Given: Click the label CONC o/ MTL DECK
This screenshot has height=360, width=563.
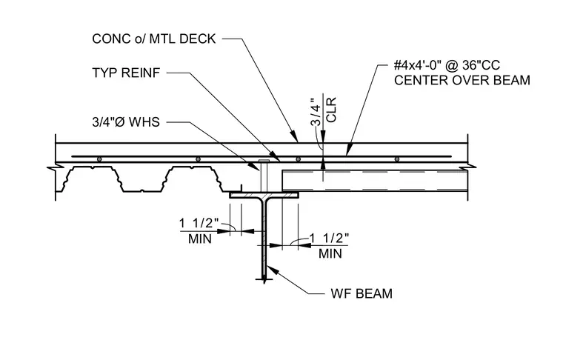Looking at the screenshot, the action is coord(153,39).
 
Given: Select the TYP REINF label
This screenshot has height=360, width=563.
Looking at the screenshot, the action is coord(126,73).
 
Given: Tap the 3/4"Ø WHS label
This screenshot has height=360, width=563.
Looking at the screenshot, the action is coord(126,122).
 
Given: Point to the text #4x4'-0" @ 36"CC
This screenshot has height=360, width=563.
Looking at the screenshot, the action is coord(447,65).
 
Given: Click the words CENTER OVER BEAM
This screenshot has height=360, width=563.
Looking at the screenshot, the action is coord(462,80).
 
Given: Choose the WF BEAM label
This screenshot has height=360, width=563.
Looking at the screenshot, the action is coord(362,293).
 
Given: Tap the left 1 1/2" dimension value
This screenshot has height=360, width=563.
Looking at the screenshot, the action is coord(199,223).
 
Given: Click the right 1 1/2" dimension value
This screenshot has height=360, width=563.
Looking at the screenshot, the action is coord(329,238).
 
